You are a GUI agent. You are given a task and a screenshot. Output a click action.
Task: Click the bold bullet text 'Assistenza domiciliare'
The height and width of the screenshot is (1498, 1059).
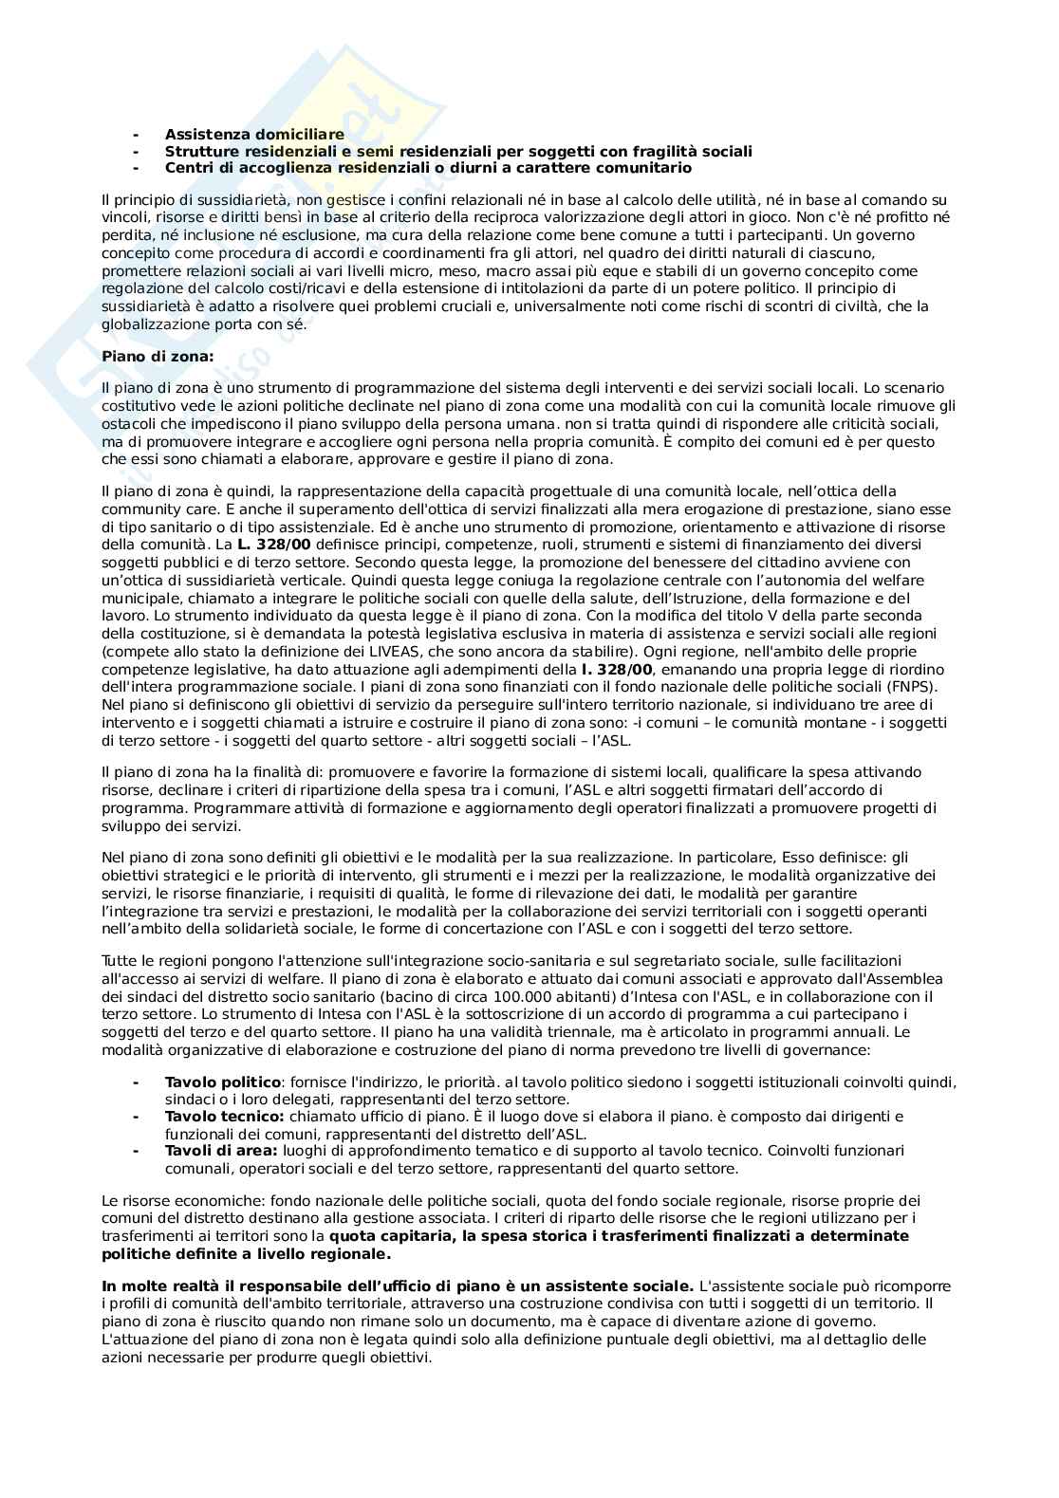click(x=253, y=135)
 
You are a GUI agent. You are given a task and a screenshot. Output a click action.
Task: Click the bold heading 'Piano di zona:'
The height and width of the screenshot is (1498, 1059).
click(x=158, y=356)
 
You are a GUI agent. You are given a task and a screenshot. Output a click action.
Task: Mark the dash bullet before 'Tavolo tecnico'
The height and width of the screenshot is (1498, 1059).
click(x=136, y=1117)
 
